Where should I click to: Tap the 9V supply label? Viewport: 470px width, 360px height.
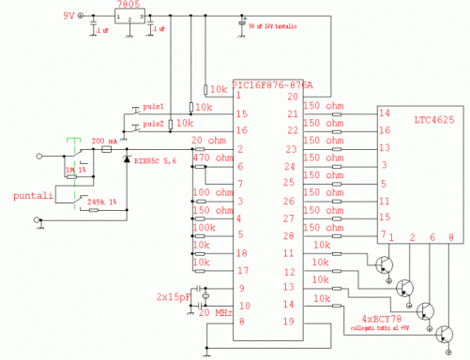[69, 17]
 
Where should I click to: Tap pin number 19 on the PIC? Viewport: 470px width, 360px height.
[291, 322]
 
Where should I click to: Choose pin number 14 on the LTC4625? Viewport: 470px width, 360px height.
[384, 113]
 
